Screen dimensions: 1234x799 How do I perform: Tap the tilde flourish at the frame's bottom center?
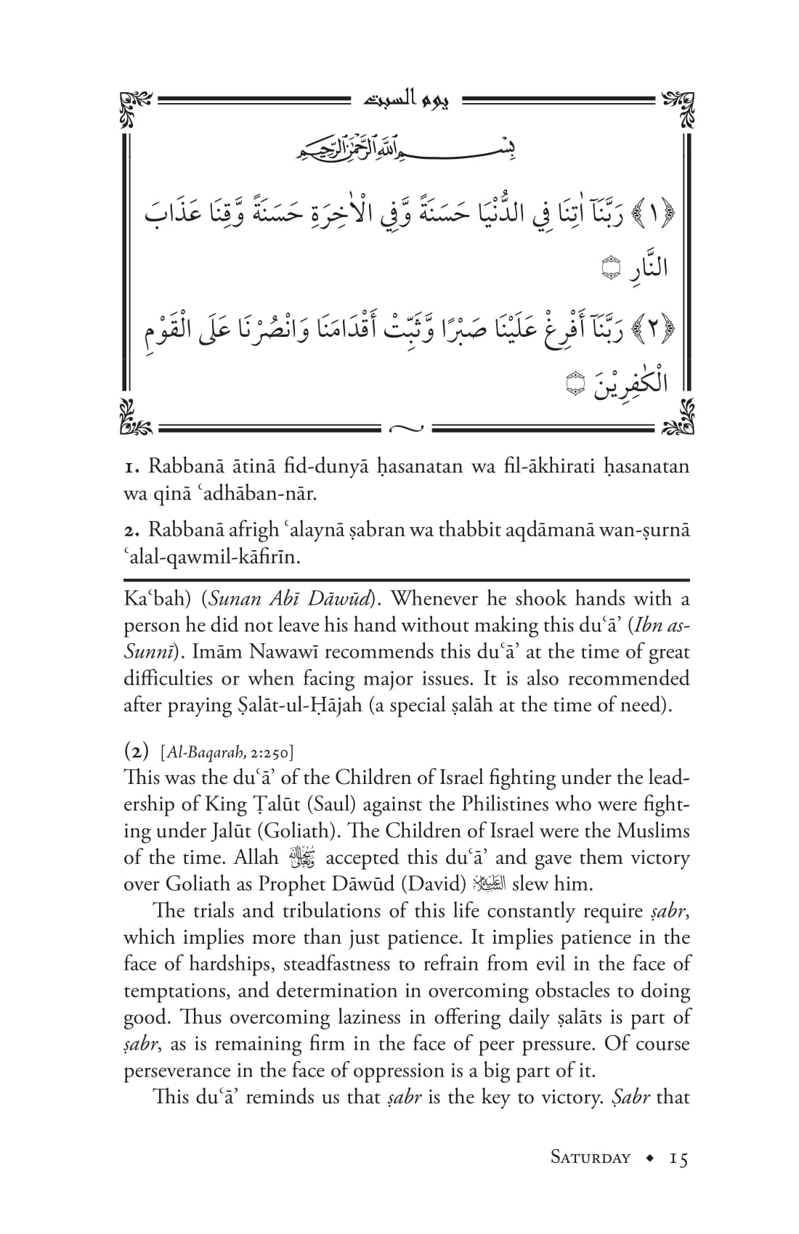click(x=405, y=428)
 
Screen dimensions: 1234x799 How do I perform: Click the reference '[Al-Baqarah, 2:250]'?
click(x=227, y=752)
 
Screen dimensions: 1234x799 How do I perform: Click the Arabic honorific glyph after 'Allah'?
click(x=302, y=858)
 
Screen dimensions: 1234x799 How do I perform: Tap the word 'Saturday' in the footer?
click(x=591, y=1157)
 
